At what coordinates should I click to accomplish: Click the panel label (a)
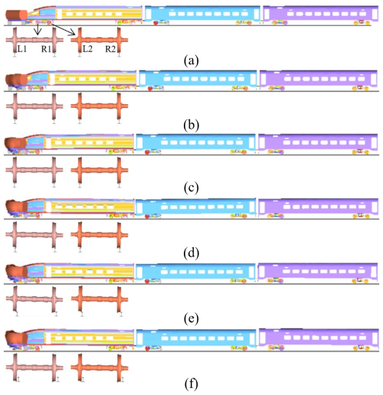(x=191, y=61)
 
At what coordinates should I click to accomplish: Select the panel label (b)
(x=191, y=126)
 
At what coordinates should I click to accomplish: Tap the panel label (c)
(x=191, y=188)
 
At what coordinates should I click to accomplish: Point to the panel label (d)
(x=191, y=253)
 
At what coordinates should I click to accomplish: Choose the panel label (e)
(x=191, y=318)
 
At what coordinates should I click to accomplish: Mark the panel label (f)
(x=191, y=384)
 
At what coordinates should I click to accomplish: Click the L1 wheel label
(x=22, y=48)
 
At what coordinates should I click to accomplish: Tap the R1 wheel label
(x=46, y=49)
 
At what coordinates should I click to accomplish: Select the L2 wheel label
(x=87, y=48)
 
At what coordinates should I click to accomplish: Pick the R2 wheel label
(x=110, y=49)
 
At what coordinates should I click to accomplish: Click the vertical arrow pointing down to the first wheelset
(x=38, y=29)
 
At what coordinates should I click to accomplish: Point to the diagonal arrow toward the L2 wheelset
(x=63, y=29)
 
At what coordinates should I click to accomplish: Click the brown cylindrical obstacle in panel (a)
(x=16, y=15)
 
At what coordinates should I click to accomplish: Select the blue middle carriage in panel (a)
(x=202, y=15)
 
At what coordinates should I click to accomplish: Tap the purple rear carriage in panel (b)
(x=319, y=80)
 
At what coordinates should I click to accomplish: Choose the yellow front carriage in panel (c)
(x=90, y=144)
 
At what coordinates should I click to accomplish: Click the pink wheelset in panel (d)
(x=34, y=235)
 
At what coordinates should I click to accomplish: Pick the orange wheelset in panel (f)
(x=100, y=367)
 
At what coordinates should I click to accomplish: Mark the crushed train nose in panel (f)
(x=16, y=338)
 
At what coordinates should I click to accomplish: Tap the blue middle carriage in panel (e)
(x=195, y=273)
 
